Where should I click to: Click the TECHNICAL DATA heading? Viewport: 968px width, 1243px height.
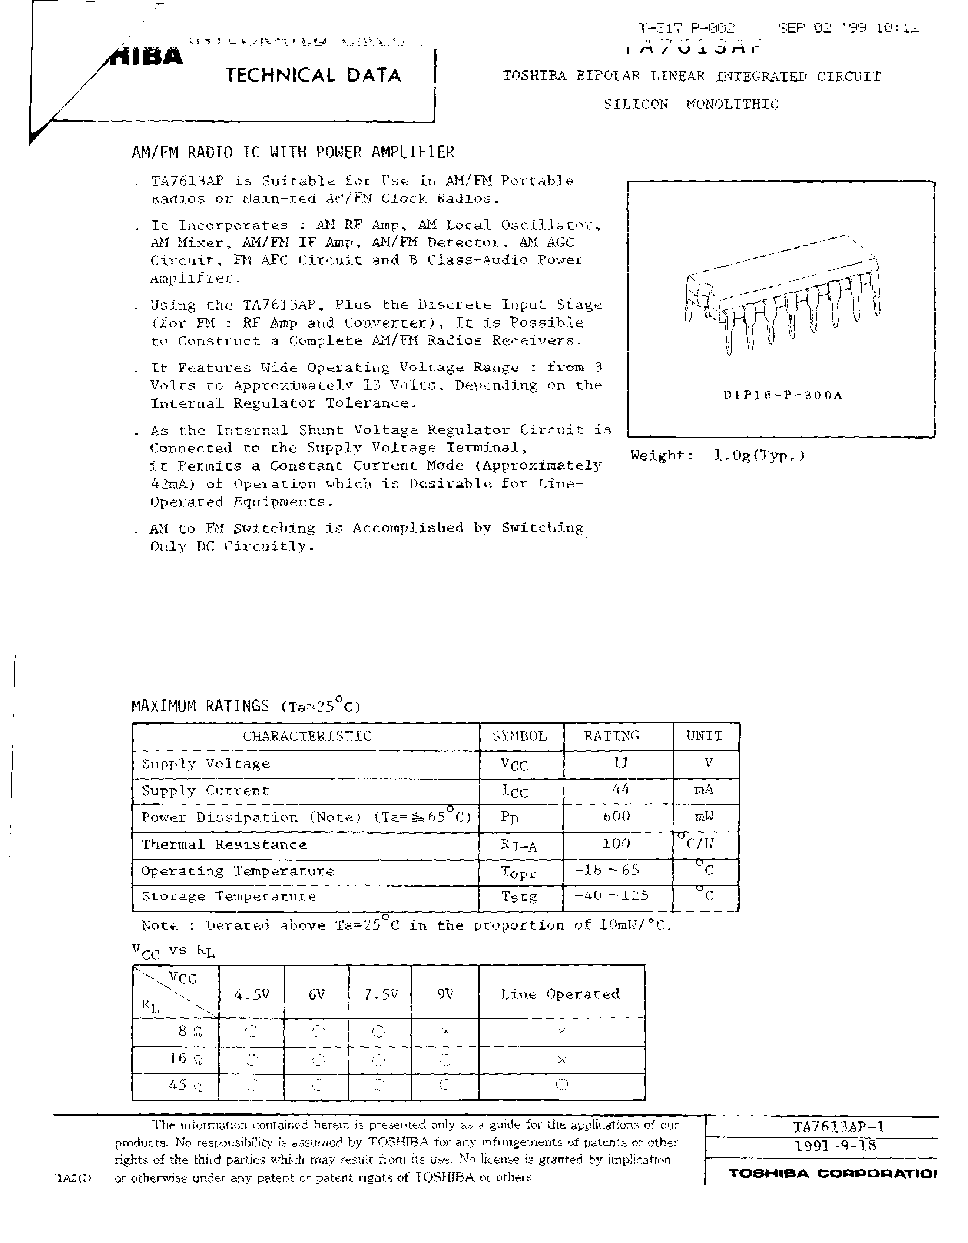(313, 75)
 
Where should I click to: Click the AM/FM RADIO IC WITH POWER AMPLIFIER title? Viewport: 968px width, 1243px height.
(293, 152)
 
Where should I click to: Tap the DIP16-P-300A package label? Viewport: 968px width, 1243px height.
(782, 395)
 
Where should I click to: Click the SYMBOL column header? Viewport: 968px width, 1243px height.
(520, 736)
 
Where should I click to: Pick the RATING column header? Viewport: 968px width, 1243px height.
(612, 736)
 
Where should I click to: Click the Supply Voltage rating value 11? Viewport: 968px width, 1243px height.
(621, 762)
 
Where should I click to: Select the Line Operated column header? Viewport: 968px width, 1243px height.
(560, 994)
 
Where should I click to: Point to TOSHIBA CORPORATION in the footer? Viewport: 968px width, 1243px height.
(832, 1174)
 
